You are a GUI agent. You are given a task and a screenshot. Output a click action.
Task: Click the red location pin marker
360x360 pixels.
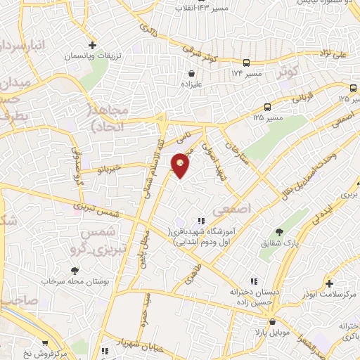pyautogui.click(x=181, y=164)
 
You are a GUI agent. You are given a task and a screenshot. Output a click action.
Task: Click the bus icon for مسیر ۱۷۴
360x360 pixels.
pyautogui.click(x=245, y=63)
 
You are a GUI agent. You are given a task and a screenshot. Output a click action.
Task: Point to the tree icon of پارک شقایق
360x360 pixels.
pyautogui.click(x=279, y=232)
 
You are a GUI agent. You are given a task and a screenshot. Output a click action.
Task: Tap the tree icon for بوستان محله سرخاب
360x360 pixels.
pyautogui.click(x=75, y=271)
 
